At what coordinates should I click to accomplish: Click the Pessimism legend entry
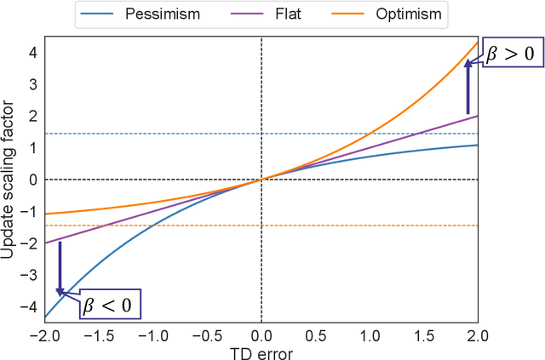click(x=161, y=14)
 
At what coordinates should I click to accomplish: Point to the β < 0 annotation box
click(x=110, y=304)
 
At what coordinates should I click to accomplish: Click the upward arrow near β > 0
click(x=468, y=86)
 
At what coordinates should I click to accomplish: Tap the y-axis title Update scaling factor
click(x=9, y=180)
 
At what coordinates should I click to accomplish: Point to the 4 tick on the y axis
click(x=32, y=52)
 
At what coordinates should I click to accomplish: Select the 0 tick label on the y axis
click(x=32, y=180)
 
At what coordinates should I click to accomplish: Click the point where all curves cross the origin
click(x=261, y=179)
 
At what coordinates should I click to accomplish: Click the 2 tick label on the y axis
click(x=32, y=116)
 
